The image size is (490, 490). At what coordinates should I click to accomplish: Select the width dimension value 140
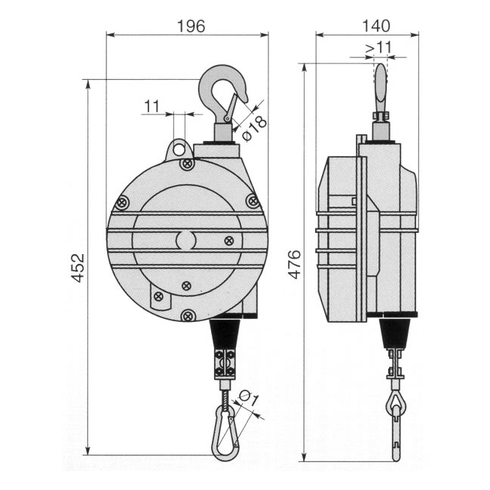(x=367, y=25)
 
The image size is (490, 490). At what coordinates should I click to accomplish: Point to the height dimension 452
(x=78, y=267)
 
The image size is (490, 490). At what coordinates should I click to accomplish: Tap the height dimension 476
(x=295, y=265)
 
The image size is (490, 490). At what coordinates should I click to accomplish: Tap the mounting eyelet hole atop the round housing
(x=179, y=148)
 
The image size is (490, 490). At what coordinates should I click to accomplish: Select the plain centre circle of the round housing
(x=185, y=240)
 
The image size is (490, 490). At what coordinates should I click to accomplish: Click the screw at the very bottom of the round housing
(x=189, y=314)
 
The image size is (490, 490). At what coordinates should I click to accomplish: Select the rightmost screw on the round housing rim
(x=253, y=201)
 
